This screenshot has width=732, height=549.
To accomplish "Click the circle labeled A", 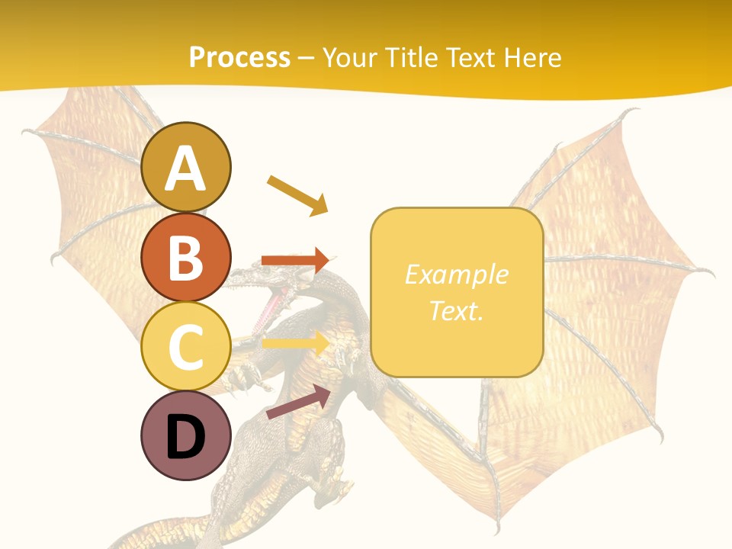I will pos(186,167).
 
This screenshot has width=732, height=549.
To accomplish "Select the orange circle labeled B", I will pos(186,257).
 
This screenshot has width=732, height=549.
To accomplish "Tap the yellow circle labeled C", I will pos(186,346).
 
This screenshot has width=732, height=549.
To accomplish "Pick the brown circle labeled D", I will pos(186,435).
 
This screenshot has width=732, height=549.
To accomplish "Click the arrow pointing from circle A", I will pos(297,195).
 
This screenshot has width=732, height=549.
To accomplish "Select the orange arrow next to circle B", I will pos(295,260).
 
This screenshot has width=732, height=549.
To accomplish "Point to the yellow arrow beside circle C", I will pos(295,342).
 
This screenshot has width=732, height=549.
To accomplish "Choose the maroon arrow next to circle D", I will pos(298,402).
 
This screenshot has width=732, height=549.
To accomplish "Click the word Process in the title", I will pos(239,57).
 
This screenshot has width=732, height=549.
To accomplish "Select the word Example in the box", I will pos(457,274).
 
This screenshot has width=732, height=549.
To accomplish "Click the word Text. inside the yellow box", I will pos(457,310).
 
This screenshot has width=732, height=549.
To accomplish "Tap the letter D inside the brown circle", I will pos(186,437).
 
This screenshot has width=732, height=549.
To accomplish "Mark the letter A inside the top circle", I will pos(186,169).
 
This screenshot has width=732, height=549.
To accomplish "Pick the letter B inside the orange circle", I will pos(186,258).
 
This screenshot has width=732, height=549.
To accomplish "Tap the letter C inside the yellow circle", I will pos(186,347).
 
